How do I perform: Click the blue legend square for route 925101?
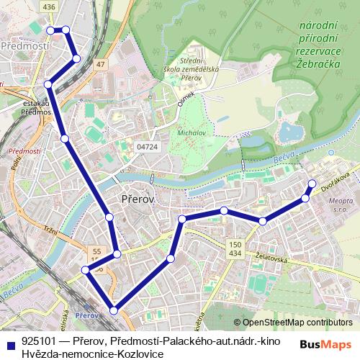(x=10, y=344)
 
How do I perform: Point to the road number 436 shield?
(x=49, y=6)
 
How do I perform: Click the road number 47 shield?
(x=100, y=65)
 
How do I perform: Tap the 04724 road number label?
(x=147, y=146)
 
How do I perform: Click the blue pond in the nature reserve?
(x=291, y=132)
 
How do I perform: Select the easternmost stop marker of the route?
(x=312, y=183)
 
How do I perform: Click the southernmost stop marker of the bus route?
(x=114, y=310)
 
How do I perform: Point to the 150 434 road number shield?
(x=235, y=248)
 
